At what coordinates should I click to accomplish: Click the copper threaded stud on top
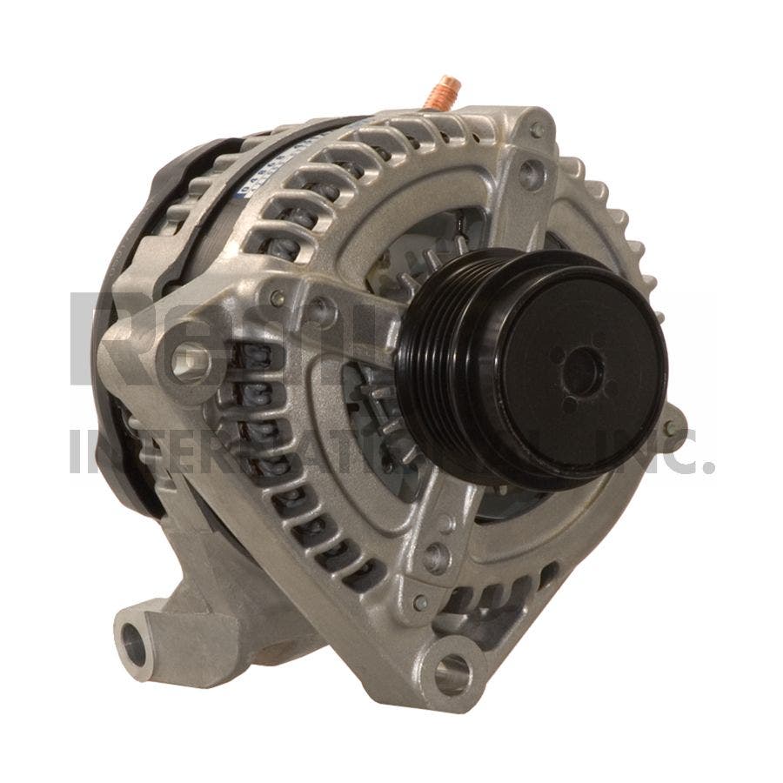[x=448, y=90]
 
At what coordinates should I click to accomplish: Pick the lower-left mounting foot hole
[x=136, y=644]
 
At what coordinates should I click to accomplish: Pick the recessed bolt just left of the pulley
[x=323, y=306]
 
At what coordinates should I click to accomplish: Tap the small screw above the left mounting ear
[x=278, y=298]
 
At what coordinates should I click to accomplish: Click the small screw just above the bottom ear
[x=420, y=601]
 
